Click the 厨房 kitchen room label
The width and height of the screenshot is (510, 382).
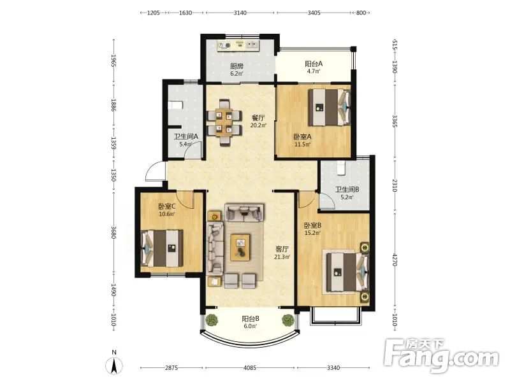click(x=237, y=66)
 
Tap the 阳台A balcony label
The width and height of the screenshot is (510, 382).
click(x=314, y=64)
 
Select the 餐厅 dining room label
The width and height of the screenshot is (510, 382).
click(x=258, y=118)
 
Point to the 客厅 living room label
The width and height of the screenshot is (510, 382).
click(x=282, y=249)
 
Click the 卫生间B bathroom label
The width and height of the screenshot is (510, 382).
click(x=347, y=190)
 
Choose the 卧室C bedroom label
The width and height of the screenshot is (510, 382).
click(x=167, y=206)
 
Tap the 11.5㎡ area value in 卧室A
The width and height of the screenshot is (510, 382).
click(x=302, y=145)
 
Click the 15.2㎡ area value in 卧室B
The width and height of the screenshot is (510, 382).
click(x=312, y=232)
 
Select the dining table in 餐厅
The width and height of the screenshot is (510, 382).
click(x=224, y=123)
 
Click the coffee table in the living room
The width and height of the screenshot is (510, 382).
click(x=240, y=248)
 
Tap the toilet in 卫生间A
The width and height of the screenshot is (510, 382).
click(x=175, y=106)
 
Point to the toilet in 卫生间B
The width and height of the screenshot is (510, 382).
click(x=340, y=168)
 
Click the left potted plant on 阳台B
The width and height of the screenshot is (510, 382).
click(x=212, y=320)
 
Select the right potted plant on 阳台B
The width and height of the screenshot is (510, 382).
click(x=288, y=320)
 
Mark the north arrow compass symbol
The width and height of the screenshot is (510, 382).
click(x=114, y=365)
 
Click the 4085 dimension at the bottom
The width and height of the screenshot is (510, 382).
click(x=250, y=368)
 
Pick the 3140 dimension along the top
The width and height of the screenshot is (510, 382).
click(x=240, y=13)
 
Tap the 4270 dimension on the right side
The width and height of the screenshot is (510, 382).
click(x=395, y=260)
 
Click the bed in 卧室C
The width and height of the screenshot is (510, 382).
click(x=162, y=248)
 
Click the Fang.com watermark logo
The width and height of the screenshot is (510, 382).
click(x=441, y=356)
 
